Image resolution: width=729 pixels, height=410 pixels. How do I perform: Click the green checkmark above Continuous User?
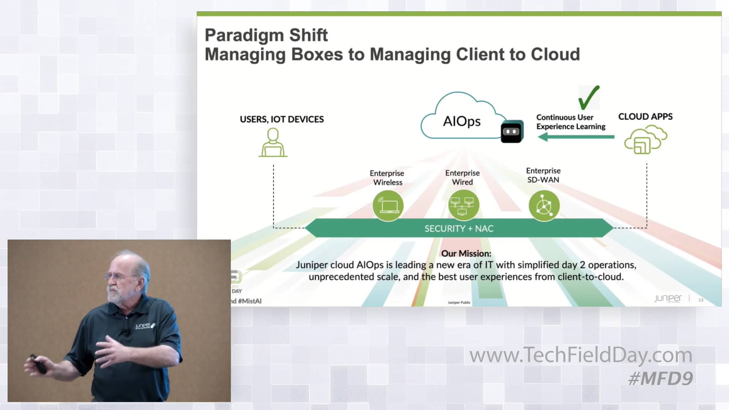click(589, 98)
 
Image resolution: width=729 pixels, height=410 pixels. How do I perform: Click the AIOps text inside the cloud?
click(462, 121)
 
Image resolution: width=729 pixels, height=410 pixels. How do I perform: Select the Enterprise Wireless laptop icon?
click(388, 206)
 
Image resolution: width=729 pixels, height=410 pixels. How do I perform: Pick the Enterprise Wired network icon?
click(463, 206)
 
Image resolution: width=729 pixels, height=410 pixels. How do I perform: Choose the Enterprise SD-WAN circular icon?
click(544, 206)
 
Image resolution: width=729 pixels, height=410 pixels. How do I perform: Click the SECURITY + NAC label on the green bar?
click(459, 229)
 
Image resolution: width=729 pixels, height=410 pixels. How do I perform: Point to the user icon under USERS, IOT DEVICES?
click(273, 143)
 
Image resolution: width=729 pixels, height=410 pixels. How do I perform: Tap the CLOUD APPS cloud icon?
click(645, 140)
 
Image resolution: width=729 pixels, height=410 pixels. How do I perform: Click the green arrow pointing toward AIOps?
click(576, 137)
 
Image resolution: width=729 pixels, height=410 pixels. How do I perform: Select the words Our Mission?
click(466, 254)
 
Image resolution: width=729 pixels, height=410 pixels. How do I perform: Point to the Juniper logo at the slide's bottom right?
click(668, 298)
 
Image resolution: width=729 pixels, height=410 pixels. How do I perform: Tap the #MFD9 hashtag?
click(661, 378)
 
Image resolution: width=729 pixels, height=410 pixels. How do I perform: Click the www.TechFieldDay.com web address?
click(581, 355)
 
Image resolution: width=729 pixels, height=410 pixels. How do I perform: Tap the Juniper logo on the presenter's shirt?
click(145, 326)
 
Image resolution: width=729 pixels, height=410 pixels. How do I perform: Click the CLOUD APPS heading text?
click(645, 117)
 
